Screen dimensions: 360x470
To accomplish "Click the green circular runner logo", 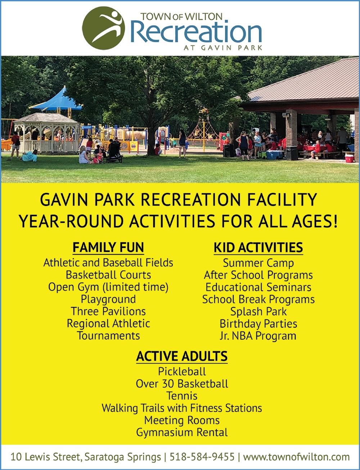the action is (103, 28).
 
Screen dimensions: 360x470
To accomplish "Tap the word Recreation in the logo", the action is (196, 32).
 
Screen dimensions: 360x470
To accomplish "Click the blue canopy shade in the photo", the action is (56, 99).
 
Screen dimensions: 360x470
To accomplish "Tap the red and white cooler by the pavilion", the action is (349, 158).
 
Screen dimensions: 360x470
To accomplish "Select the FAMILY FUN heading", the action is (108, 247).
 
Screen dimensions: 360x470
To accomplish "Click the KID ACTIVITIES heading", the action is (258, 247).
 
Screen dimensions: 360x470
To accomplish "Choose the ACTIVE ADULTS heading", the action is (182, 356).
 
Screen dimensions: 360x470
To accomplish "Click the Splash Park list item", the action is (258, 312).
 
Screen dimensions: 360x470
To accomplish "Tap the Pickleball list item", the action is (182, 372).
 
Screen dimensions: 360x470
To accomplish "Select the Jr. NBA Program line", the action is (258, 336).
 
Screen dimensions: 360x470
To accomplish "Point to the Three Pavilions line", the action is (108, 311).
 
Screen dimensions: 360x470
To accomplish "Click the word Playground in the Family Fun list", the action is (108, 299).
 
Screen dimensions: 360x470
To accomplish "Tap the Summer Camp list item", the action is (258, 263).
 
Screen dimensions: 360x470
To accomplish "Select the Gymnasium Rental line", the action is (182, 432).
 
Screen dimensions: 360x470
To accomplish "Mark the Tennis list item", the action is (182, 396).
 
